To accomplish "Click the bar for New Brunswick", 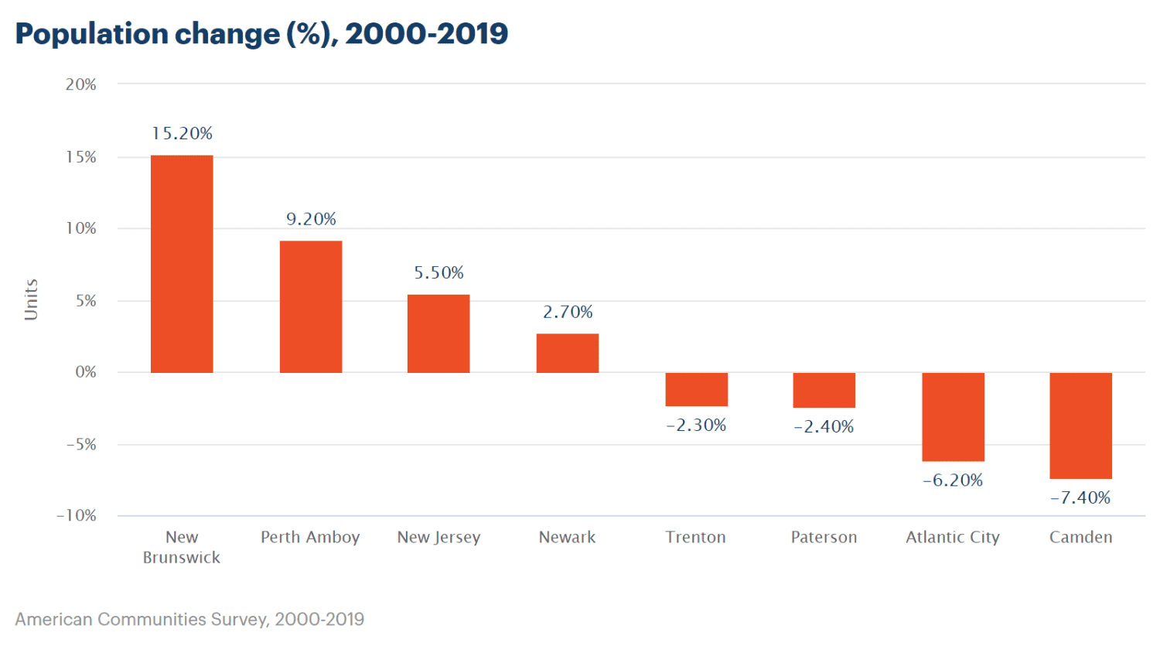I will coord(182,264).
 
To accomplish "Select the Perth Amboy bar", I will coord(311,306).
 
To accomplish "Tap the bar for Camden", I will coord(1080,426).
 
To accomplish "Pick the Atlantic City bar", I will coord(953,417).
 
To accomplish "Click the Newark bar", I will coord(568,353).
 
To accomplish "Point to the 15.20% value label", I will coord(182,134).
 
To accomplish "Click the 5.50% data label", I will coord(438,273).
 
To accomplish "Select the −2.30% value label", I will coord(696,426).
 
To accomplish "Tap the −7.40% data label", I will coord(1080,498).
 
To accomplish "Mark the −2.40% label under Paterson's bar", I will coord(824,427).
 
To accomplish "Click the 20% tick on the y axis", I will coord(81,84).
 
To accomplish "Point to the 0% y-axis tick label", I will coord(86,372).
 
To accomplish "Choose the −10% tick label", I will coord(77,516).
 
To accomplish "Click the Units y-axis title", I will coord(31,299).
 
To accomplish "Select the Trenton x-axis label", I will coord(696,537).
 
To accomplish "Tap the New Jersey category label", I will coord(438,537).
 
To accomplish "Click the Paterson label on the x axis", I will coord(824,537).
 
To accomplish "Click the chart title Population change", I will coord(261,34).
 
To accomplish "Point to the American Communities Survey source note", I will coord(189,620).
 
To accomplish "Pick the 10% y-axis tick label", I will coord(81,228).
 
